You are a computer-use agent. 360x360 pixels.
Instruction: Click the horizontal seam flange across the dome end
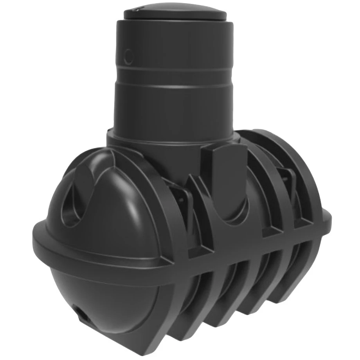[98, 250]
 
